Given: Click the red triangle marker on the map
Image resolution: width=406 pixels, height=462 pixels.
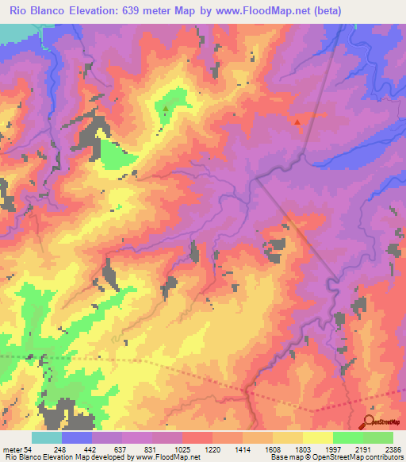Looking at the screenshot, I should point(297,122).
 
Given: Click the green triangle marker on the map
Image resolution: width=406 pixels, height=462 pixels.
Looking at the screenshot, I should point(166,108).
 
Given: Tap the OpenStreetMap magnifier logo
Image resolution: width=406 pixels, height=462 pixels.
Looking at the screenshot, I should point(370,422).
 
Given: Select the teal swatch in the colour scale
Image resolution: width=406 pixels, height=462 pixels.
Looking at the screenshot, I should point(47,437).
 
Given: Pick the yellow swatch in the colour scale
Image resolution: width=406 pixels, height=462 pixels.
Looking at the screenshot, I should point(318,437).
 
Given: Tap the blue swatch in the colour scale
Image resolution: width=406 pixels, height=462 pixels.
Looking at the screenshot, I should point(77,437).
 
